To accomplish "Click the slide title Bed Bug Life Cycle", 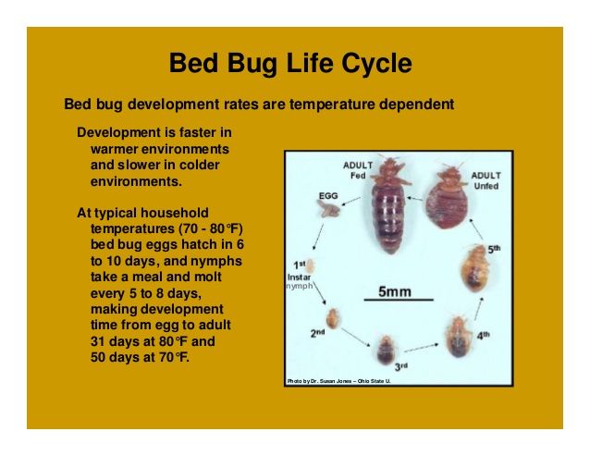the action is click(x=290, y=63).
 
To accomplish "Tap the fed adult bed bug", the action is click(x=389, y=204).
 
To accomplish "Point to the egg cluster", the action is click(x=328, y=209).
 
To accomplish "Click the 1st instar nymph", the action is click(x=311, y=266).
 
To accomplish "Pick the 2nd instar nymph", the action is click(x=333, y=318).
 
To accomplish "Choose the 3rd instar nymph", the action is click(x=386, y=350).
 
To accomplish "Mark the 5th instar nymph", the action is click(x=474, y=268).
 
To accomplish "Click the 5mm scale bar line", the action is click(x=399, y=300).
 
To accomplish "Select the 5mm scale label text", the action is click(x=395, y=291).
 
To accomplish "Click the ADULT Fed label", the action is click(x=358, y=170).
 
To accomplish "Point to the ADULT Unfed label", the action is click(x=486, y=181).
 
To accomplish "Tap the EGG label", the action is click(x=328, y=196).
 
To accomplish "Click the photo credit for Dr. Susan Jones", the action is click(x=338, y=381).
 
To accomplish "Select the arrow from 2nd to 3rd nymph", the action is click(x=356, y=337).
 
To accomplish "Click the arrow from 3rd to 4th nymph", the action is click(x=422, y=347).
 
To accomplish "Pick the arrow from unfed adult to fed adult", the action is click(x=414, y=198).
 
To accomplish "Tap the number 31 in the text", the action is click(x=97, y=341).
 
